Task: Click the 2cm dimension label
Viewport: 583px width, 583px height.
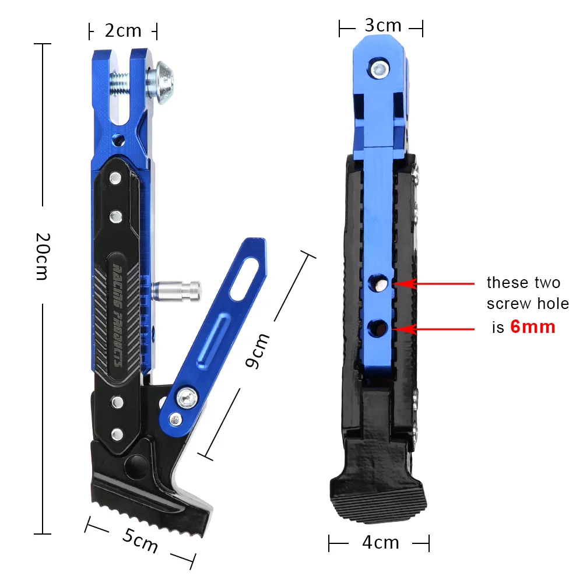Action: coord(123,30)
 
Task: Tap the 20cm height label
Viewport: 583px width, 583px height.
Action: coord(41,256)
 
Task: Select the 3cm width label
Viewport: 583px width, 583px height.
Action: coord(382,26)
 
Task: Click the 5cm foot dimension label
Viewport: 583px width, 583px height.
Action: coord(140,541)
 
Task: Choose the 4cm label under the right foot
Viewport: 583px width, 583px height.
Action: coord(380,542)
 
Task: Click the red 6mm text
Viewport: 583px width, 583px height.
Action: coord(532,326)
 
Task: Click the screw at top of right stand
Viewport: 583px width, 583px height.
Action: coord(380,69)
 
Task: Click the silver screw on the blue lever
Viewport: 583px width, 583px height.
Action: coord(188,398)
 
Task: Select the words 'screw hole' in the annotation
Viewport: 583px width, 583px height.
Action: coord(528,304)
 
